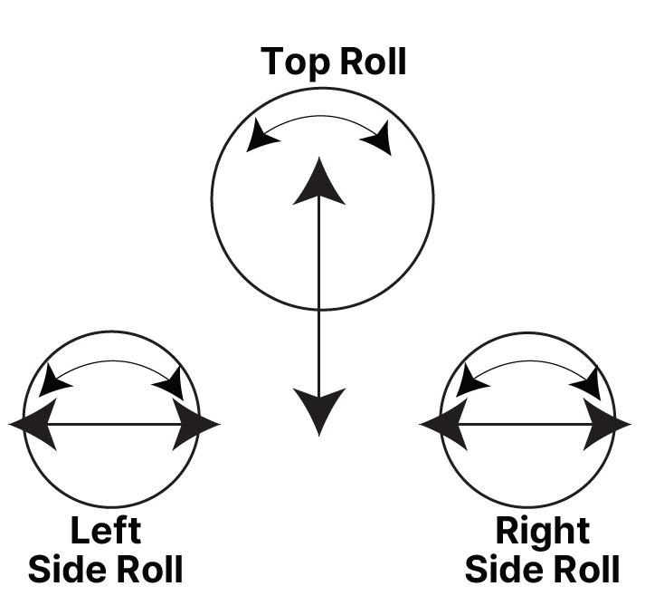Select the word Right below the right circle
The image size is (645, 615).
coord(542,531)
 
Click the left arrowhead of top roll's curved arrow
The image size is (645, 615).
coord(261,136)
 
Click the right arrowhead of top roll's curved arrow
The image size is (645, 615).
coord(377,138)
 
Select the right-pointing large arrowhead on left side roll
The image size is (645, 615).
coord(194,424)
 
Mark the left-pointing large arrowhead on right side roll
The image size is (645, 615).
coord(446,424)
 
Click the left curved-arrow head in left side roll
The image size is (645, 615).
coord(53,380)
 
